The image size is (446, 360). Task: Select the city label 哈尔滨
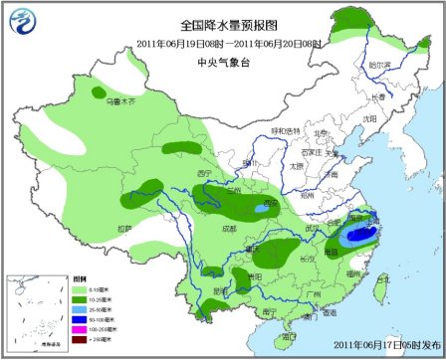(x=378, y=63)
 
